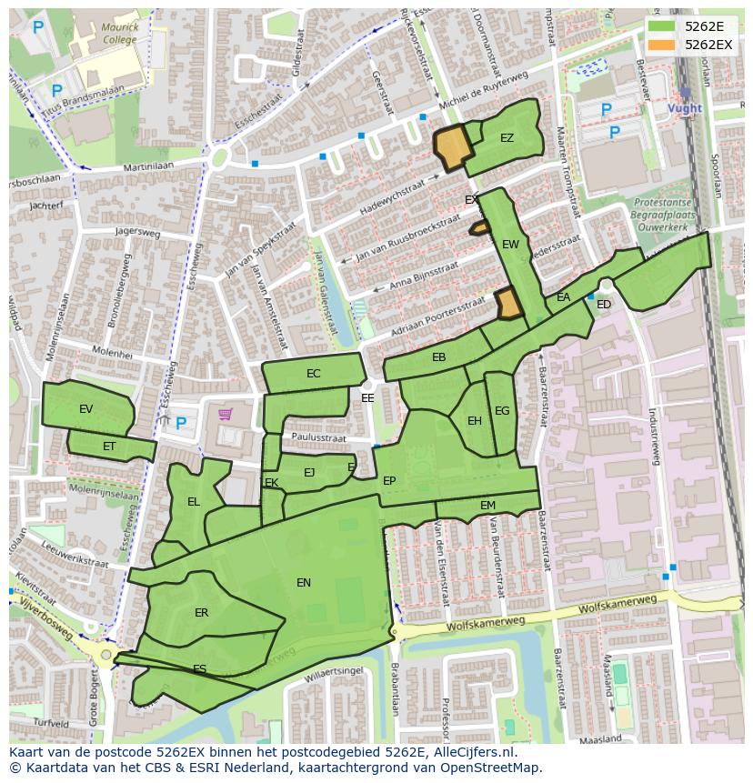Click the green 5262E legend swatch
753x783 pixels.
coord(662,26)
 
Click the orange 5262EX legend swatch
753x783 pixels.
coord(662,45)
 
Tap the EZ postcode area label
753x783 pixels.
coord(507,138)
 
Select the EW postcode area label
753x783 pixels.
coord(510,245)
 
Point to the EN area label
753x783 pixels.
coord(304,583)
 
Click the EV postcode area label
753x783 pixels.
coord(86,409)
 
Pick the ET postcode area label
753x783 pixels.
coord(109,447)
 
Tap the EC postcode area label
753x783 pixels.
coord(314,374)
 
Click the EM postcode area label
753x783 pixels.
coord(487,506)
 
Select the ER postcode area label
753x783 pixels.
coord(202,613)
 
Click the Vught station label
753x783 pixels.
coord(684,108)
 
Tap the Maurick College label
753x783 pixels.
coord(120,34)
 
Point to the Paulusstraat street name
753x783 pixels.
coord(319,438)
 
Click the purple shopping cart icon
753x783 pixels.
coord(225,415)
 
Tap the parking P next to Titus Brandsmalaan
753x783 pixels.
coord(56,91)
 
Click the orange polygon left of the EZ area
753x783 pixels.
coord(452,147)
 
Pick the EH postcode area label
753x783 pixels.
coord(474,421)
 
